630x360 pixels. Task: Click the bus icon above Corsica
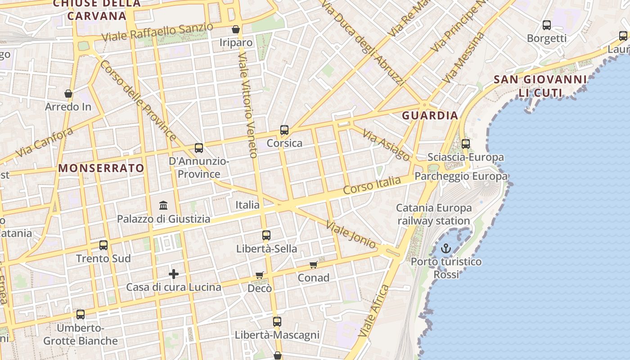click(x=284, y=130)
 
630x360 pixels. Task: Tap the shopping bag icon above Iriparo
click(x=235, y=29)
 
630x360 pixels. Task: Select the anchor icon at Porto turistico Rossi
click(x=445, y=248)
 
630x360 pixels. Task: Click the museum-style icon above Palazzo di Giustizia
click(x=163, y=206)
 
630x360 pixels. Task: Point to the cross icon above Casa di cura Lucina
click(x=174, y=274)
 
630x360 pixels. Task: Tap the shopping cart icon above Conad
click(x=314, y=265)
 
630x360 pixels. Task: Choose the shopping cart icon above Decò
click(x=260, y=274)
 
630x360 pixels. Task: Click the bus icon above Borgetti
click(x=547, y=25)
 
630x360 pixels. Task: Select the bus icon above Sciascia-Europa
click(x=466, y=144)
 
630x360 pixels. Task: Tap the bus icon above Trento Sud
click(x=103, y=245)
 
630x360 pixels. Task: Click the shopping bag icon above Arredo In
click(x=68, y=94)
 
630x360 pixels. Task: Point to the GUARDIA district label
click(x=430, y=116)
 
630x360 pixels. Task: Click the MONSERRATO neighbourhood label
click(x=101, y=168)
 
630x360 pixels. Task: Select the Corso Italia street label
click(x=372, y=185)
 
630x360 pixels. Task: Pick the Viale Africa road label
click(x=373, y=311)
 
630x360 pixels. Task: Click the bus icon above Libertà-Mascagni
click(x=277, y=322)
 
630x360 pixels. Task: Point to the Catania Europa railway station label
click(x=434, y=214)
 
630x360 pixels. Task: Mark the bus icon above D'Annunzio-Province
click(x=199, y=148)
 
